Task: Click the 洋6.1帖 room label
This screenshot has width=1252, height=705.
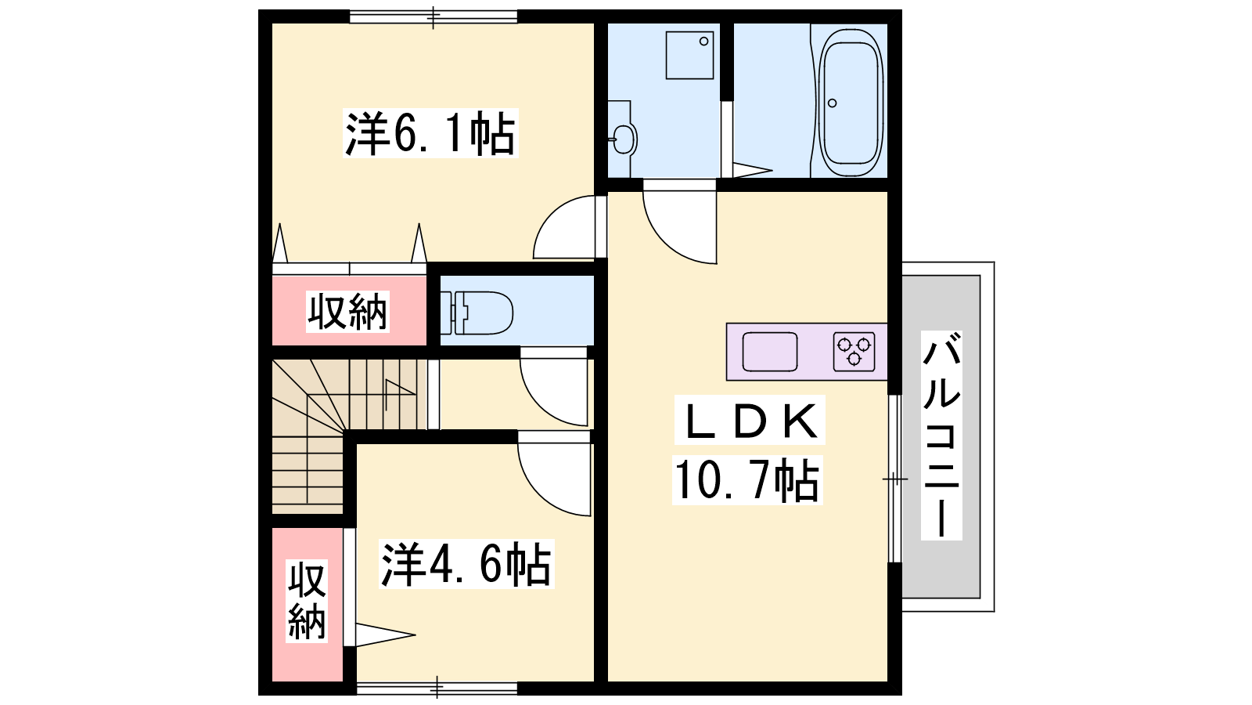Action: (x=430, y=133)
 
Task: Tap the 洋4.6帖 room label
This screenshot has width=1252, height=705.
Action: (x=466, y=563)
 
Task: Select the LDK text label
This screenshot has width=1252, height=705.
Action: (x=750, y=420)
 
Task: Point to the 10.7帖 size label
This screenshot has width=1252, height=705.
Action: (x=747, y=480)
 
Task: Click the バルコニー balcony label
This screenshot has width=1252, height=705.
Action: (x=941, y=436)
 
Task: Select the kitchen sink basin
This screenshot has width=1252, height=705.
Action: (x=770, y=352)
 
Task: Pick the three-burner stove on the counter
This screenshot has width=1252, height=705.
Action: (x=854, y=352)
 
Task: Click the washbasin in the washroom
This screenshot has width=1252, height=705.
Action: (x=622, y=138)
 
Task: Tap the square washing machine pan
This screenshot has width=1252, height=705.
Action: (x=689, y=55)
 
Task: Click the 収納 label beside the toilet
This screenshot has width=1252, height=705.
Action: (x=347, y=312)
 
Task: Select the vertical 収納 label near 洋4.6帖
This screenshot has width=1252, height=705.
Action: (x=307, y=600)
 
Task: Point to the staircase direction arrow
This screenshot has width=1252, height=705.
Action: (x=399, y=390)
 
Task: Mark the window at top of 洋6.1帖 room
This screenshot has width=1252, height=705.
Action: (x=434, y=16)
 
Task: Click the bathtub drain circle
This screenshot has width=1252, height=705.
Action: (x=833, y=103)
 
